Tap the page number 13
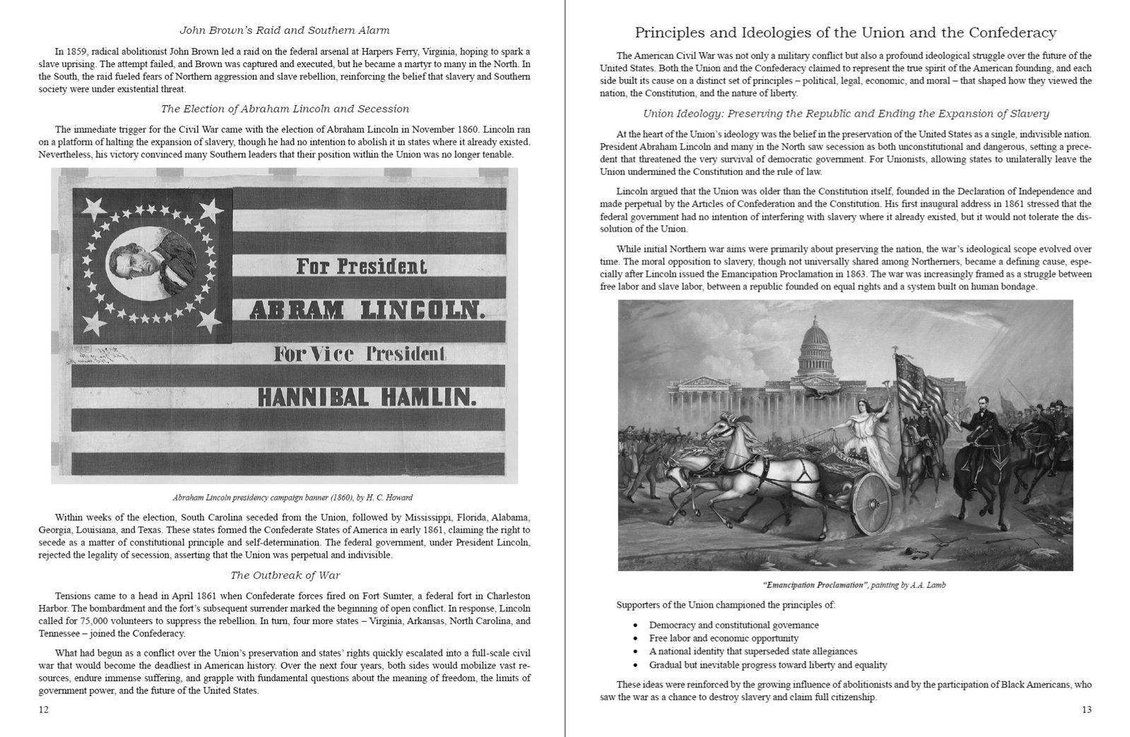click(x=1086, y=709)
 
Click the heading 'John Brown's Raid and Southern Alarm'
click(x=284, y=30)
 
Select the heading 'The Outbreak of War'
click(x=285, y=575)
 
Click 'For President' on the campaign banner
click(x=361, y=267)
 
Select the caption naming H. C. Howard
click(x=283, y=497)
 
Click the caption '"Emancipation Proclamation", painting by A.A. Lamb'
click(x=844, y=585)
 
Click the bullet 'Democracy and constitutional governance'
click(x=734, y=625)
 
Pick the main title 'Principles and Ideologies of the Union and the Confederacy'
click(x=845, y=32)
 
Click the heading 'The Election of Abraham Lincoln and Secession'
click(x=285, y=109)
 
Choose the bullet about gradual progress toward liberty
click(x=768, y=665)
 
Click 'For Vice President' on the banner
click(x=360, y=354)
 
